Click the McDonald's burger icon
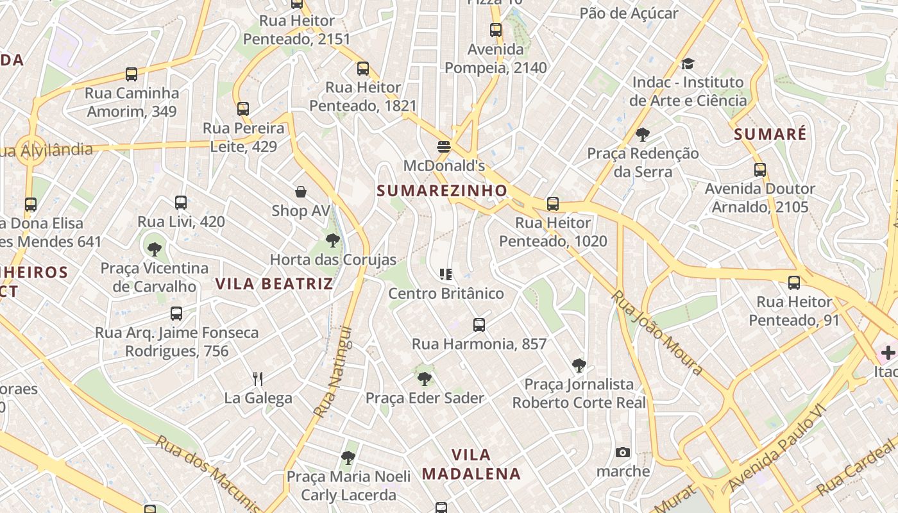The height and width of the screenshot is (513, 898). click(443, 147)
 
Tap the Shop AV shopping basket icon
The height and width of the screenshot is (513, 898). click(300, 192)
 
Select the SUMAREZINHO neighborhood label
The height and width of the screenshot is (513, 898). click(442, 190)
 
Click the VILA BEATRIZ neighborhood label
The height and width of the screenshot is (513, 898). click(274, 283)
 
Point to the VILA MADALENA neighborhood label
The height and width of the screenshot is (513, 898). click(471, 464)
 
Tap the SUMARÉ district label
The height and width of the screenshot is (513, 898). click(770, 134)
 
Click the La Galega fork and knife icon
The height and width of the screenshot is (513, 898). click(258, 379)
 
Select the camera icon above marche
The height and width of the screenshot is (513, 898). click(622, 453)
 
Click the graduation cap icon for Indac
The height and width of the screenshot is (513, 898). click(688, 63)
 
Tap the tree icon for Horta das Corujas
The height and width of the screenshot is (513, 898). click(332, 241)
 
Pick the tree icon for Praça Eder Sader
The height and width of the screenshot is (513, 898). click(424, 379)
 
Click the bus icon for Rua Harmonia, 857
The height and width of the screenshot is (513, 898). click(479, 325)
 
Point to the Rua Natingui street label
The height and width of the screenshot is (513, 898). click(334, 372)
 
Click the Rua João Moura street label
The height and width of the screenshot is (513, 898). click(656, 333)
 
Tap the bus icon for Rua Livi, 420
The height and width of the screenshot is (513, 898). click(181, 203)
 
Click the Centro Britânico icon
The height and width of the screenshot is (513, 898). click(446, 274)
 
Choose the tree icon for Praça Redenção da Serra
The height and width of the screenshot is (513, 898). click(642, 135)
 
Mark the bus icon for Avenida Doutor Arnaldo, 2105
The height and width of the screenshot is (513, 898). click(760, 170)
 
